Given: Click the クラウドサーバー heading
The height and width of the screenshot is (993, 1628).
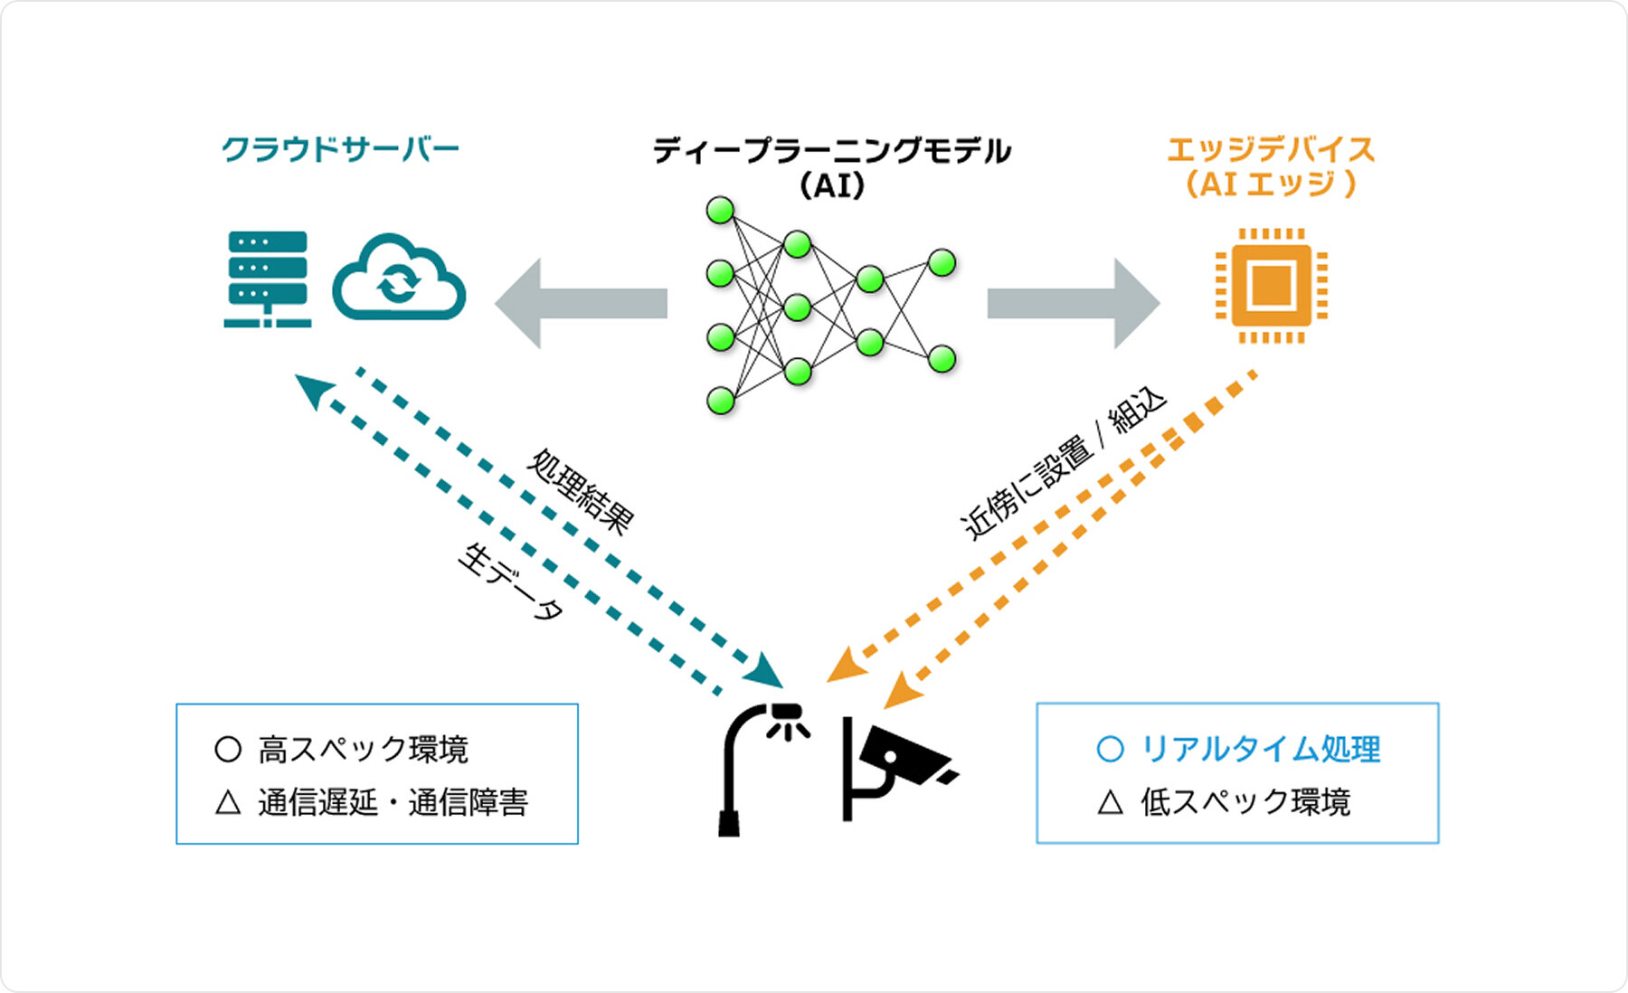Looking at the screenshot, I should pyautogui.click(x=340, y=149).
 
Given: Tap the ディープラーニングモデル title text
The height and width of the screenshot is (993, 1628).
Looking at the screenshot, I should pyautogui.click(x=831, y=151).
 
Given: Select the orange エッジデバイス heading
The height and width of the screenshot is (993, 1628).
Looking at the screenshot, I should pyautogui.click(x=1270, y=150).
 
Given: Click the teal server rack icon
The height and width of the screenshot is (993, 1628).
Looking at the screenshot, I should pyautogui.click(x=268, y=279).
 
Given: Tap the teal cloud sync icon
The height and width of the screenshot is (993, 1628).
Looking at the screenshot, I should pyautogui.click(x=399, y=279).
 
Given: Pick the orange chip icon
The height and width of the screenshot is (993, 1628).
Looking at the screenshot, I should pyautogui.click(x=1271, y=286).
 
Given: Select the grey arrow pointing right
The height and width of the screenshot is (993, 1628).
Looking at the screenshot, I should pyautogui.click(x=1073, y=303).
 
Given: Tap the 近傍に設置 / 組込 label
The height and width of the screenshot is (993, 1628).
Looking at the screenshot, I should pyautogui.click(x=1064, y=463).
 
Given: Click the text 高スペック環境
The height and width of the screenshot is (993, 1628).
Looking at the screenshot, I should pyautogui.click(x=363, y=750).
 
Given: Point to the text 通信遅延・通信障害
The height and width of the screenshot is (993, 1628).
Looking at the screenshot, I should pyautogui.click(x=393, y=802).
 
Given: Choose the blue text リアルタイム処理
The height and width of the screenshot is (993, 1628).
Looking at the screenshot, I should pyautogui.click(x=1260, y=749).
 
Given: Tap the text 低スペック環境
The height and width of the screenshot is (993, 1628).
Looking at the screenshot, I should pyautogui.click(x=1245, y=802).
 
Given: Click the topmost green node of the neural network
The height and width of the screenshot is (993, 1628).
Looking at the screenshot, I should pyautogui.click(x=720, y=211).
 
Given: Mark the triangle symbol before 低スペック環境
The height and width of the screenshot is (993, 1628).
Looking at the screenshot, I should pyautogui.click(x=1110, y=802).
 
